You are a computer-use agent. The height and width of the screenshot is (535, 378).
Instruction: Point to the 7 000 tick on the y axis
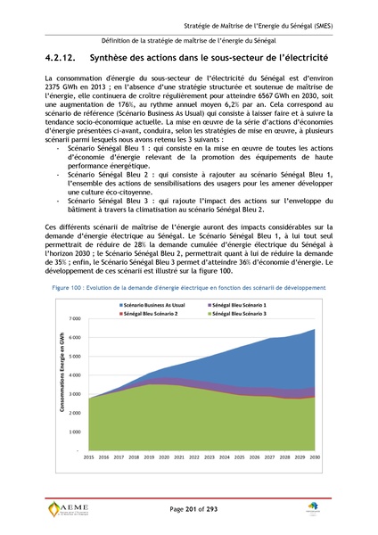point(75,318)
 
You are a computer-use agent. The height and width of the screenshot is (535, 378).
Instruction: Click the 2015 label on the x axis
point(89,457)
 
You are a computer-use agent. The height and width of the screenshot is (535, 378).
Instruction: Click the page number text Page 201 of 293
point(188,507)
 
